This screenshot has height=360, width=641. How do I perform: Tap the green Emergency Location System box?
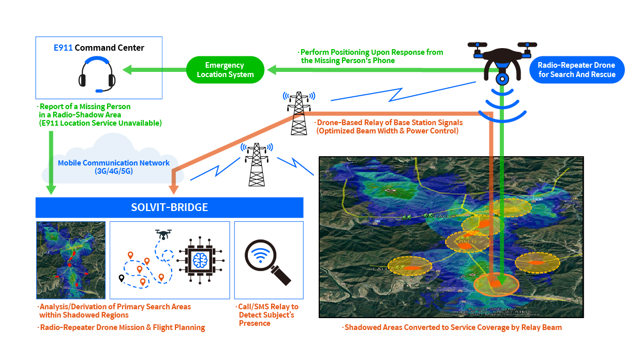(x=225, y=70)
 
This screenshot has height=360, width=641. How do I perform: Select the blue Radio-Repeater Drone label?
(x=576, y=70)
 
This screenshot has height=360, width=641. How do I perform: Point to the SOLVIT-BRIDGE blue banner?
(x=169, y=207)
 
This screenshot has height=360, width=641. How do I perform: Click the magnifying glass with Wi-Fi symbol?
(x=267, y=261)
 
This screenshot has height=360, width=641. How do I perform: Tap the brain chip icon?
(x=200, y=260)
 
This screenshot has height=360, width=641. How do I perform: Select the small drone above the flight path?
(x=164, y=234)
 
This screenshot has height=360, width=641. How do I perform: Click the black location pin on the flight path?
(x=121, y=278)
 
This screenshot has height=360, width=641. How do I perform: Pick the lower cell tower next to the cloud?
(x=256, y=164)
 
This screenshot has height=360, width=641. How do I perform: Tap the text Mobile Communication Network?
(x=114, y=163)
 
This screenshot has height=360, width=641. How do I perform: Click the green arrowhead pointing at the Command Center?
(x=126, y=70)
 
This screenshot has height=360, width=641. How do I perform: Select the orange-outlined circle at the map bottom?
(x=497, y=283)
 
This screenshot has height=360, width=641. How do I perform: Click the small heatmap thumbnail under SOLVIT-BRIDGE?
(x=71, y=260)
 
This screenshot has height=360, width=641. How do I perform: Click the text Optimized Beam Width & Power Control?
(x=387, y=131)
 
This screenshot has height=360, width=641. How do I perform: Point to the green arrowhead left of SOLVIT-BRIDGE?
(x=51, y=189)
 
